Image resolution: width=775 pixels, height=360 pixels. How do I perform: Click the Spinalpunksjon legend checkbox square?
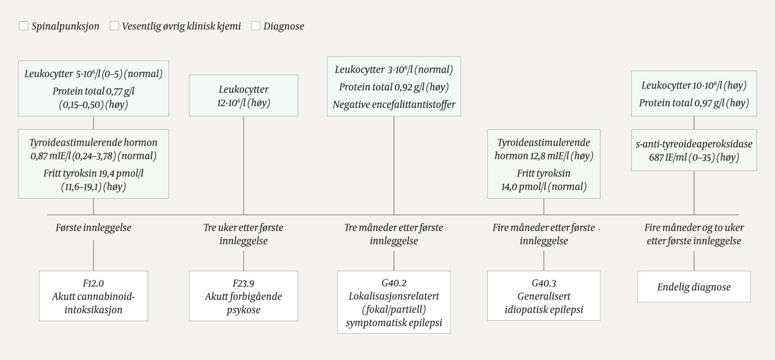click(x=23, y=26)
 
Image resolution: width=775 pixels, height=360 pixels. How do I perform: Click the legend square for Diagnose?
click(x=255, y=26)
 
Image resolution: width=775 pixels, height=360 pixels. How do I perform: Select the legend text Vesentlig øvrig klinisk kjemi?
click(x=181, y=26)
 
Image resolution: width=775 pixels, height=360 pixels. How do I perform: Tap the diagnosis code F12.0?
click(x=93, y=283)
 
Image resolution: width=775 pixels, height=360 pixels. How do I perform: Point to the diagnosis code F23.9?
click(x=243, y=283)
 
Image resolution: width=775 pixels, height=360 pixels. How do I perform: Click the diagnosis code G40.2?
click(x=394, y=283)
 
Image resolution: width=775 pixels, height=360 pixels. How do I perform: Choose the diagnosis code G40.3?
click(x=544, y=283)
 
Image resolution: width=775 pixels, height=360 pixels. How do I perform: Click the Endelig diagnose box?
click(x=693, y=287)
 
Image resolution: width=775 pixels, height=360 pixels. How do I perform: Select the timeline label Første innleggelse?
click(x=93, y=227)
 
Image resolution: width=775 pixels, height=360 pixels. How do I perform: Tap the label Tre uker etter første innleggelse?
click(x=243, y=234)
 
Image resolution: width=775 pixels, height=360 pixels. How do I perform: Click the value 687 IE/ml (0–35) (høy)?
click(x=694, y=158)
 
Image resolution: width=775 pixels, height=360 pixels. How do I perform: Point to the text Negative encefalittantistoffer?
click(x=394, y=104)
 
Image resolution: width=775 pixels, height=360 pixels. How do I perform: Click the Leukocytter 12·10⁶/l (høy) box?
click(x=243, y=96)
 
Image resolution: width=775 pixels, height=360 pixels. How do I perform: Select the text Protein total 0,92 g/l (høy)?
click(x=394, y=87)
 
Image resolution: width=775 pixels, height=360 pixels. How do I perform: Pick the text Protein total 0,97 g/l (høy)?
click(x=694, y=103)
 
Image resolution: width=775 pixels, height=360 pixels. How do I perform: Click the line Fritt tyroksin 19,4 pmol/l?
click(x=93, y=174)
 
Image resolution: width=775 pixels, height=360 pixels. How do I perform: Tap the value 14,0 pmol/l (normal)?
click(x=544, y=186)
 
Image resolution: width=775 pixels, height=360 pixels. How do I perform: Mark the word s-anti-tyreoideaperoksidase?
click(x=694, y=144)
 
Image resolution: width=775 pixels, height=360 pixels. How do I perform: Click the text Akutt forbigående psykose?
click(x=243, y=303)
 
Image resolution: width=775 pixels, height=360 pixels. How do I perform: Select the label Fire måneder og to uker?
click(x=694, y=227)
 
